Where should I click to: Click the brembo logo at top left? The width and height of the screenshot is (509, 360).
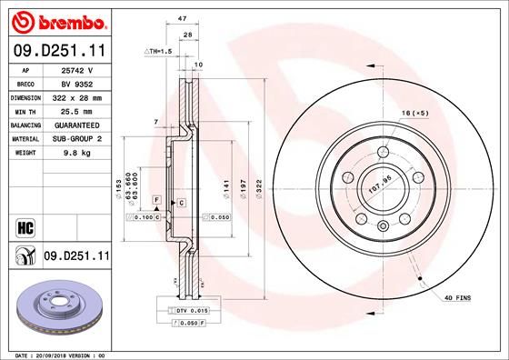56,21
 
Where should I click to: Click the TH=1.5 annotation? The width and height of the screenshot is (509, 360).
157,52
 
